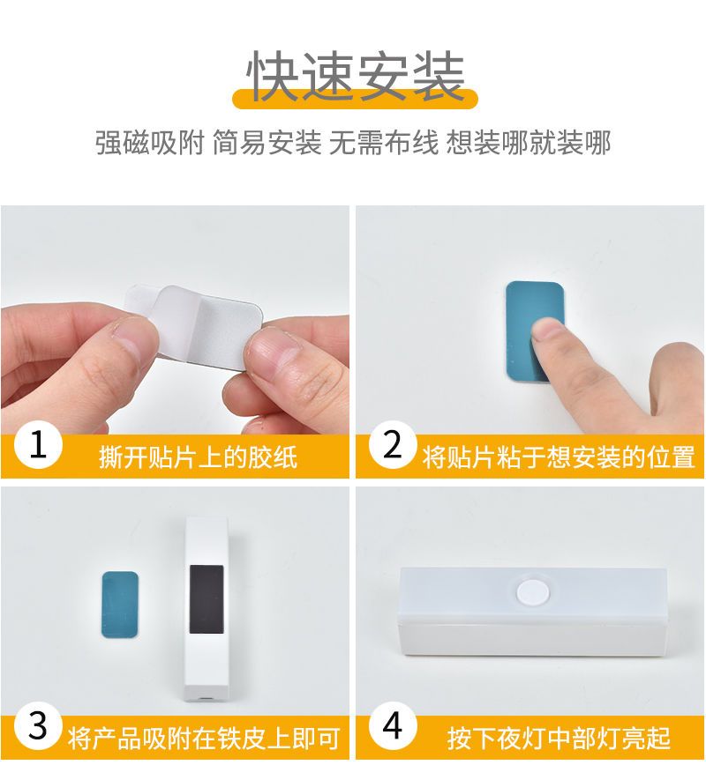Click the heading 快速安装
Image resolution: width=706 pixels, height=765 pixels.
pyautogui.click(x=355, y=76)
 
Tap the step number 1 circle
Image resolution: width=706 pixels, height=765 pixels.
pyautogui.click(x=38, y=445)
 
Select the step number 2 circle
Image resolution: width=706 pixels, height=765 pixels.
pyautogui.click(x=393, y=444)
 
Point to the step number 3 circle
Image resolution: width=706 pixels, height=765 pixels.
pyautogui.click(x=38, y=725)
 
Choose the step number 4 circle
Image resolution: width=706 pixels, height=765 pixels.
pyautogui.click(x=393, y=725)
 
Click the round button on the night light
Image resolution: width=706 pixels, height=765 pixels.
pyautogui.click(x=533, y=592)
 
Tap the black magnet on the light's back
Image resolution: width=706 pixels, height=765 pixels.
pyautogui.click(x=207, y=599)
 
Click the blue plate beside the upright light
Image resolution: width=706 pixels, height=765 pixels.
pyautogui.click(x=120, y=605)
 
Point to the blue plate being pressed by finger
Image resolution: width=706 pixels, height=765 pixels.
pyautogui.click(x=534, y=331)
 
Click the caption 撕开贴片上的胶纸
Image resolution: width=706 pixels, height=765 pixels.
pyautogui.click(x=198, y=457)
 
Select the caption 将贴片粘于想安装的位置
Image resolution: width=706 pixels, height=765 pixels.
pyautogui.click(x=559, y=457)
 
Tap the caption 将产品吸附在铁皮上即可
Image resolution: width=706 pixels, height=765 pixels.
pyautogui.click(x=204, y=739)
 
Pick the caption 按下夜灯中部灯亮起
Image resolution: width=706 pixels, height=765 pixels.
pyautogui.click(x=559, y=739)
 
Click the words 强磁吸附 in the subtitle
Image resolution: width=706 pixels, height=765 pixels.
pyautogui.click(x=149, y=143)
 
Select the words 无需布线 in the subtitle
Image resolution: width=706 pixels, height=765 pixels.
pyautogui.click(x=384, y=143)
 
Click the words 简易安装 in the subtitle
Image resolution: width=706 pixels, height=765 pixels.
pyautogui.click(x=267, y=143)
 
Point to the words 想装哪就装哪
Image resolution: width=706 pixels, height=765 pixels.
pyautogui.click(x=529, y=143)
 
